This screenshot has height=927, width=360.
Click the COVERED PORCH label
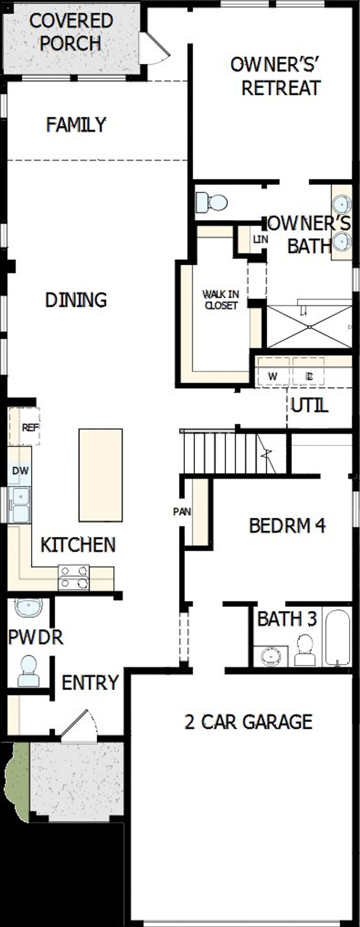tap(71, 32)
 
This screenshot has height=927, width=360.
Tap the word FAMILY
tap(76, 125)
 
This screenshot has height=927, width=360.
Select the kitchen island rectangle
tap(100, 475)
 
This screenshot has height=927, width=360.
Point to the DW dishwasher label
tap(20, 470)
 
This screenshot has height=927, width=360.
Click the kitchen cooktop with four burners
tap(74, 578)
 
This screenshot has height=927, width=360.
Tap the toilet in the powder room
tap(28, 671)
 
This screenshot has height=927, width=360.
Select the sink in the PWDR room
tap(28, 607)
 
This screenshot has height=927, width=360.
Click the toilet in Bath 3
tap(305, 651)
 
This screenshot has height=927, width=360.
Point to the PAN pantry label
tap(182, 511)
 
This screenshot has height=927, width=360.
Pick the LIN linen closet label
tap(260, 239)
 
